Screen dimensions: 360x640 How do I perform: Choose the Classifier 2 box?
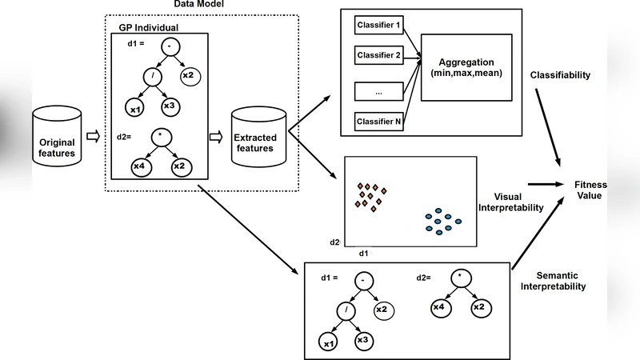click(379, 56)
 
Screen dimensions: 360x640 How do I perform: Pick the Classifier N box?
click(379, 122)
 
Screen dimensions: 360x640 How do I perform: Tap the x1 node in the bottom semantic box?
click(326, 343)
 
